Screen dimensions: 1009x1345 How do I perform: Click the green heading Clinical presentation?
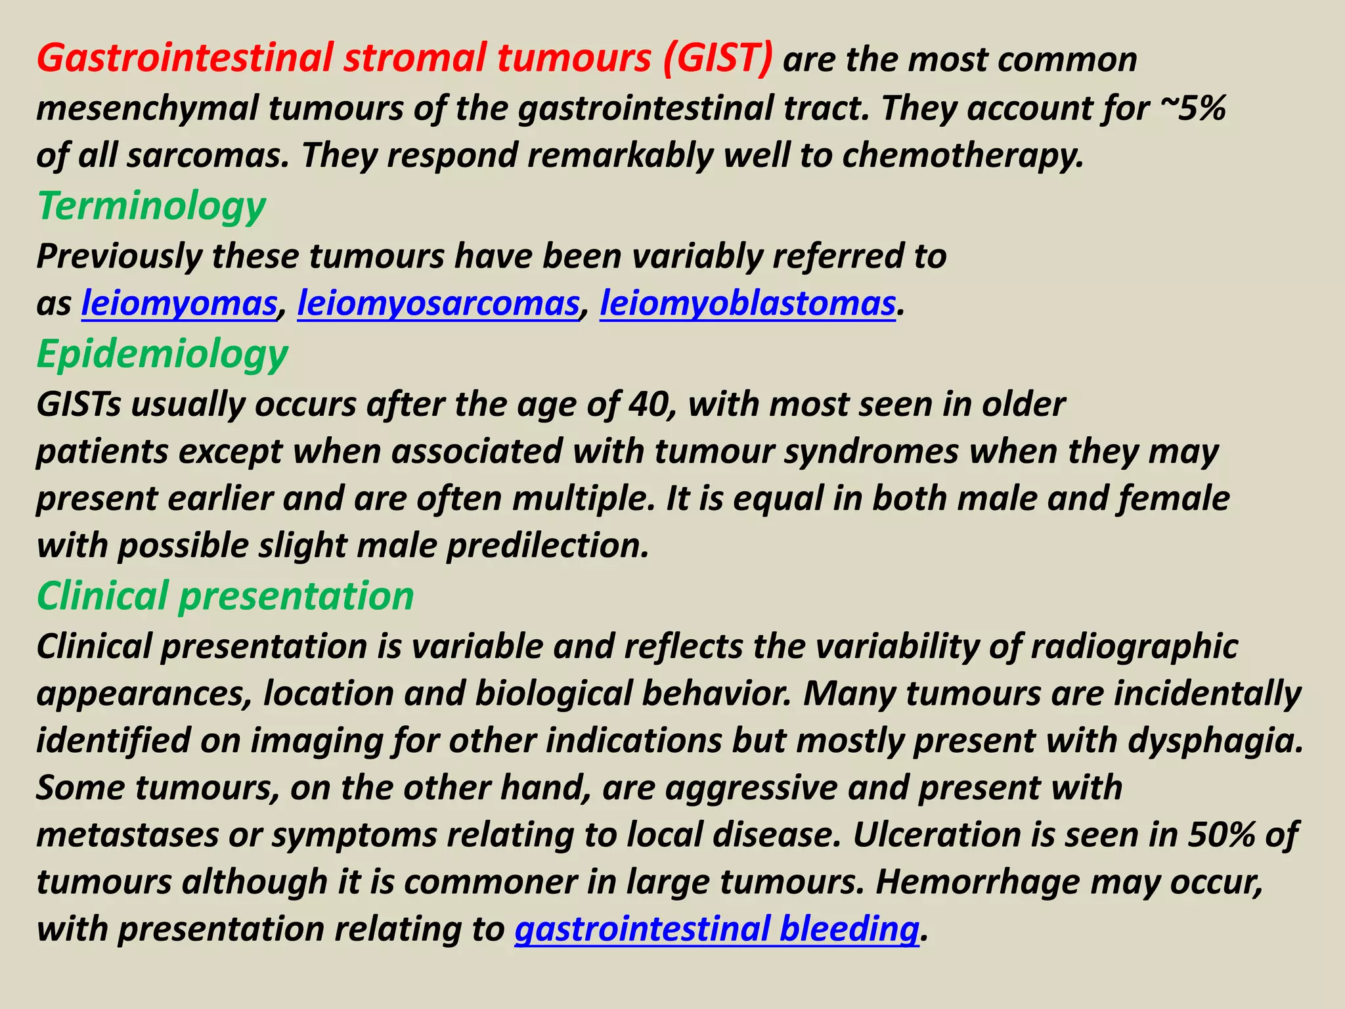pos(225,596)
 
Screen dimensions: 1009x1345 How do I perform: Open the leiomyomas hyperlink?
pos(179,303)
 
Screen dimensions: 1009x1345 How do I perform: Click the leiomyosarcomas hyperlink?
pos(438,303)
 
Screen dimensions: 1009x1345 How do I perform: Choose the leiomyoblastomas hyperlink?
pos(747,303)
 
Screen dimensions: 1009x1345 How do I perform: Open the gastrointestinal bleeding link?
pos(717,929)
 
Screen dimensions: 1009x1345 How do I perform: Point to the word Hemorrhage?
pos(977,882)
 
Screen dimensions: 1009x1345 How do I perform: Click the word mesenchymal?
pos(146,108)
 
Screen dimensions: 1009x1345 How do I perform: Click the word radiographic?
pos(1134,646)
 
